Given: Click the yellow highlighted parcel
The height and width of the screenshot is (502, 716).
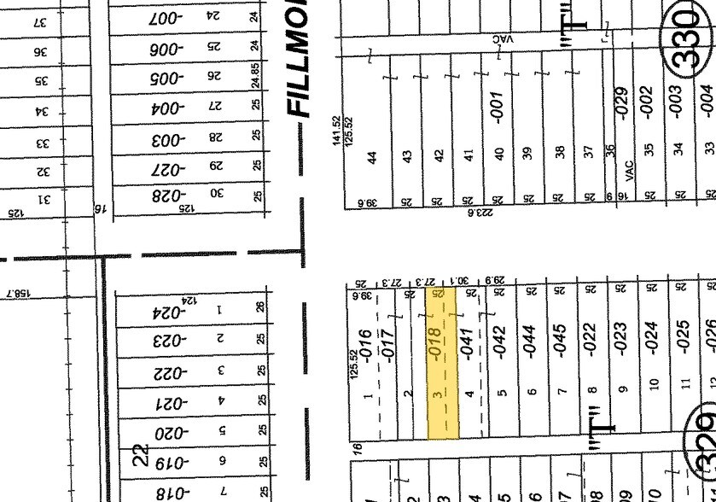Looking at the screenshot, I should pos(443,363).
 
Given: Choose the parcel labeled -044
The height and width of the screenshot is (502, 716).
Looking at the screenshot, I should pos(530,342).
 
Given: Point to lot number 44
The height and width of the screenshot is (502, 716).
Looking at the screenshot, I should pos(371,157).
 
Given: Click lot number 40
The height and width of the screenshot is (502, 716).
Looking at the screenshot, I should pos(499,154).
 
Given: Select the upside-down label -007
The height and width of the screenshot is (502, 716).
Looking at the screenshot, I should pos(166,17).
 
